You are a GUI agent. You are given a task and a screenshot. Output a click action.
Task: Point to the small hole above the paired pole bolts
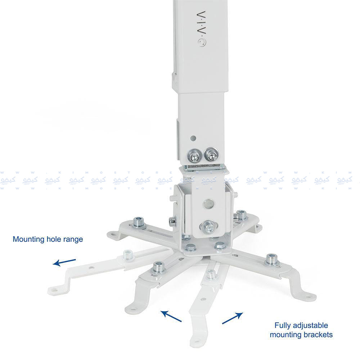[194, 138]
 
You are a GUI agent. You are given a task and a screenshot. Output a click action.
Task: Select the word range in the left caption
[74, 239]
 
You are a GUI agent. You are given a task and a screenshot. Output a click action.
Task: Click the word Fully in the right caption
[283, 325]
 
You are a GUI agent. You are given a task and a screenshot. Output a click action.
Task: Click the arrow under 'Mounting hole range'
[64, 262]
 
